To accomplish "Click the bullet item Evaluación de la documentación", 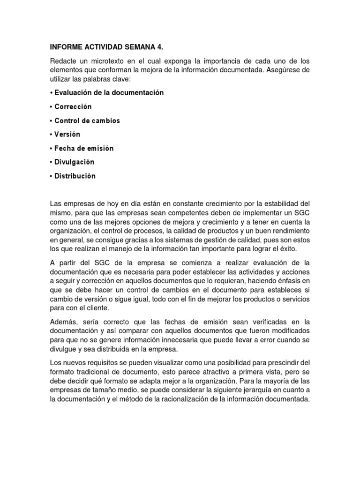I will tap(109, 93).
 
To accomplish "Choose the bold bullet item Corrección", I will tap(73, 107).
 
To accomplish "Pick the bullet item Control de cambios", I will tap(87, 120).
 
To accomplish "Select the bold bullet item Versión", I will tap(67, 135).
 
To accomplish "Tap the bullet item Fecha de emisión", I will tap(84, 148).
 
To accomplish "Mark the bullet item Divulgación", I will tap(75, 162).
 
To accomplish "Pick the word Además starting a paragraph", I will tap(63, 322).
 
